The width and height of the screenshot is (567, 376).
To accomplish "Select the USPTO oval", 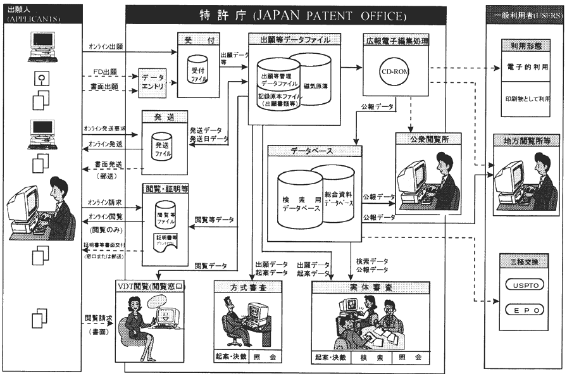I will [524, 285].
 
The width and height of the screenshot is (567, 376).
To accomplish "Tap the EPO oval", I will [524, 311].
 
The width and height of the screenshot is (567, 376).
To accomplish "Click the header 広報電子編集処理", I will [396, 42].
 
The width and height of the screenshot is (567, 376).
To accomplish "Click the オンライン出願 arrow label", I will [106, 47].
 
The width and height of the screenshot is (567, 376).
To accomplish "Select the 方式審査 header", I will [247, 287].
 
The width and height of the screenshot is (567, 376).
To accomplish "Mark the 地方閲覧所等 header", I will [524, 141].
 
